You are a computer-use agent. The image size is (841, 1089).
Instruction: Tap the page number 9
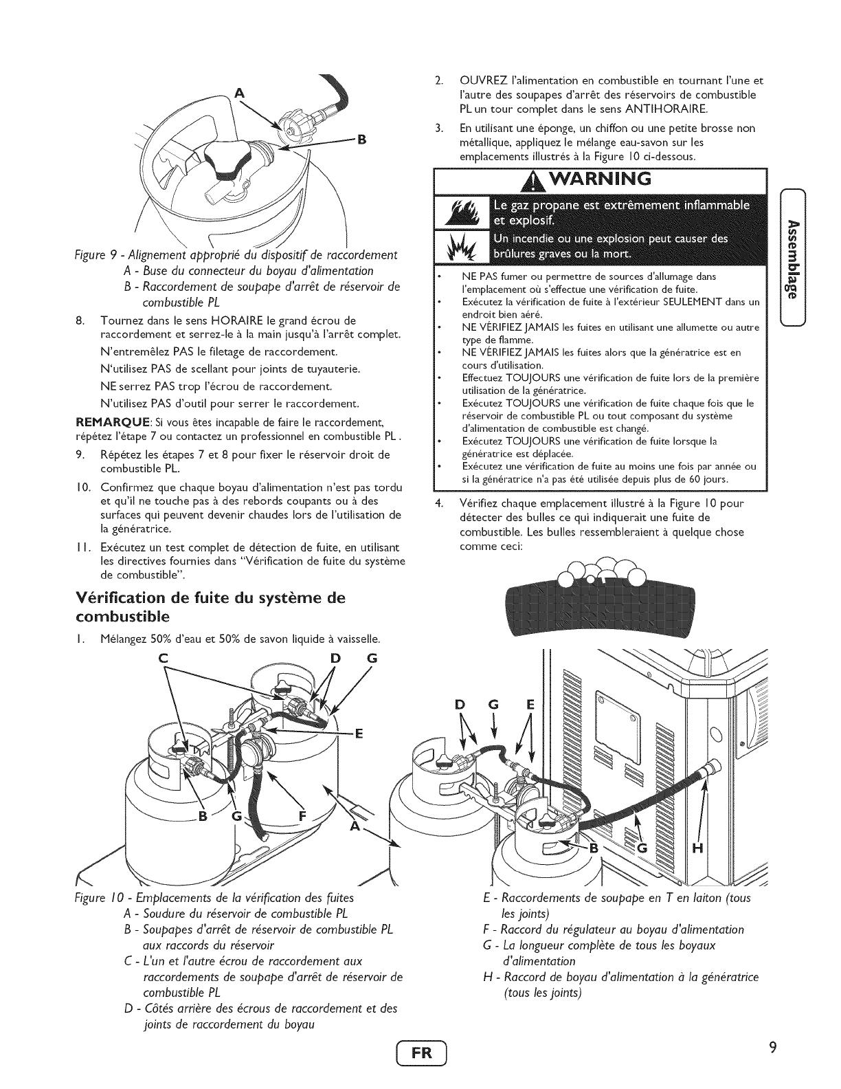tap(772, 1048)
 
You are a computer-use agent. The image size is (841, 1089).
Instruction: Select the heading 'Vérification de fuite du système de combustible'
tap(211, 605)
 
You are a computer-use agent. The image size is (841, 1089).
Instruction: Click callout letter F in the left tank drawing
tap(303, 817)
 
